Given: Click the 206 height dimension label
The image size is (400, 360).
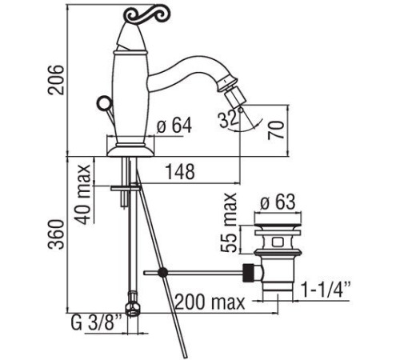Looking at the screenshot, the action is pyautogui.click(x=56, y=79).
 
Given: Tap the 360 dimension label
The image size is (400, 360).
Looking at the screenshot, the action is pyautogui.click(x=56, y=234).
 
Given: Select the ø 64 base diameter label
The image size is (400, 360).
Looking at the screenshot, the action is pyautogui.click(x=174, y=126).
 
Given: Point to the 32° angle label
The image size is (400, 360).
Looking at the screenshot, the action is pyautogui.click(x=229, y=119).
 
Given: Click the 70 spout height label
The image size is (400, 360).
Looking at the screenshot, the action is pyautogui.click(x=276, y=130).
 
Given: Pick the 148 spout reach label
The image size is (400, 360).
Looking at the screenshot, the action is pyautogui.click(x=180, y=172).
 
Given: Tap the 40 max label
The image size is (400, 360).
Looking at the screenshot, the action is pyautogui.click(x=82, y=194).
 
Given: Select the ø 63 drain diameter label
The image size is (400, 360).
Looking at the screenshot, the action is pyautogui.click(x=278, y=202).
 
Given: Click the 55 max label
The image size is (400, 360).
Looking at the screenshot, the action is pyautogui.click(x=229, y=222).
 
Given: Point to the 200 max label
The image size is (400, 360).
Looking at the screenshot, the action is pyautogui.click(x=210, y=302).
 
